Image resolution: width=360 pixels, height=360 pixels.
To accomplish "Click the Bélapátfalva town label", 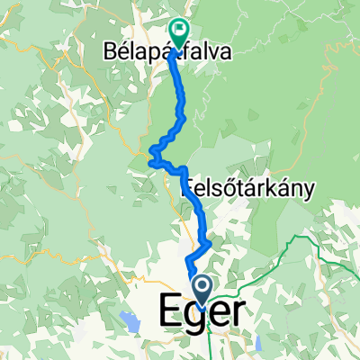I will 162,53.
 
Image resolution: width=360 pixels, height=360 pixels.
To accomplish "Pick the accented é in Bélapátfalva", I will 114,53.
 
